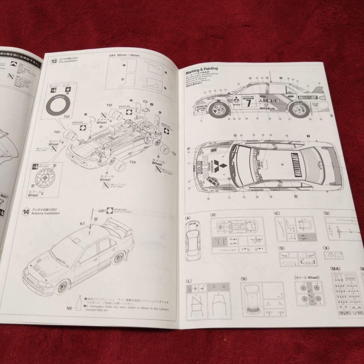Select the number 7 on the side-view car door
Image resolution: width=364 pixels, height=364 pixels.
pos(249,102)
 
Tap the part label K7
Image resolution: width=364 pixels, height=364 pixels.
pos(83,223)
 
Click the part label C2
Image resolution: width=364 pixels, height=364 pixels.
pos(145,101)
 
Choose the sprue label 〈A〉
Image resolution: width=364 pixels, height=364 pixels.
pos(188,218)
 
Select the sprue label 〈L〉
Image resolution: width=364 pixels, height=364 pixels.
pos(189,280)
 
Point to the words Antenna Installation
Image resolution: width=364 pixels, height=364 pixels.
pos(45,213)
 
